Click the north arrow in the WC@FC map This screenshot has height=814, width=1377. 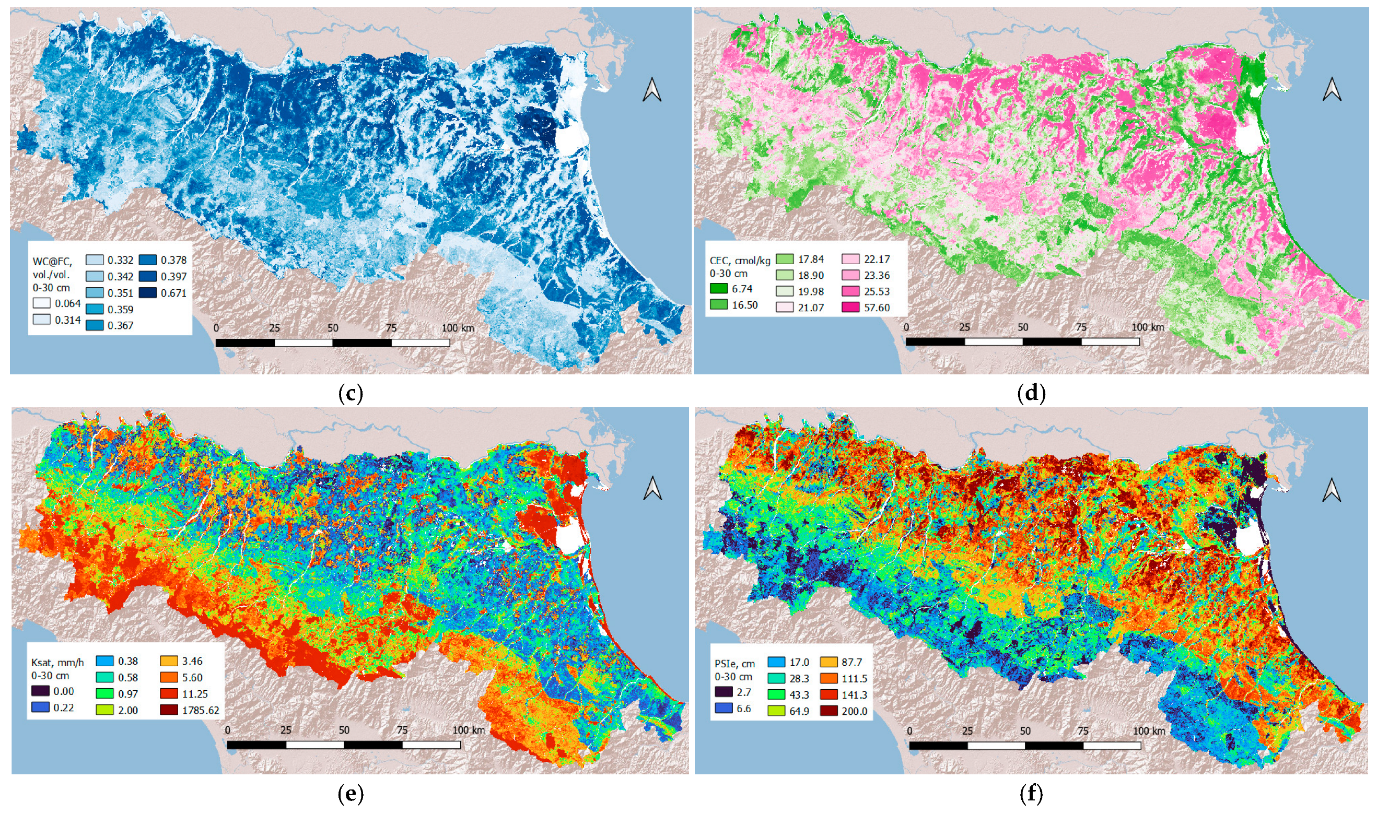pos(652,90)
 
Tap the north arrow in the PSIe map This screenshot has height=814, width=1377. pos(1332,490)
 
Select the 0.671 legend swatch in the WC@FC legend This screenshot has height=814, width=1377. pos(148,293)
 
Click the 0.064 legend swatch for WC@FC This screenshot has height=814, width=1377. pos(42,303)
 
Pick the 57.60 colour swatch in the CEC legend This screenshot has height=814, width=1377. pos(850,307)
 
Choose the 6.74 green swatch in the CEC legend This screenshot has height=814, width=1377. pos(719,289)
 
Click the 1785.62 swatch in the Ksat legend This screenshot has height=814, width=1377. pos(169,710)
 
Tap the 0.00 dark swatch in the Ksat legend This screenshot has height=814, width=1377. pos(41,691)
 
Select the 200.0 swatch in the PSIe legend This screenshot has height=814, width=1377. pos(829,711)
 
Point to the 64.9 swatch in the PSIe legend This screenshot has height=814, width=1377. pos(776,711)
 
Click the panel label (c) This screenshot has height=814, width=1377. pos(351,393)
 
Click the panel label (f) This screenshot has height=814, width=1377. pos(1031,793)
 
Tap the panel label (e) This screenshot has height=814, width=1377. pos(351,793)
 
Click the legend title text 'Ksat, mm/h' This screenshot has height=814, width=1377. pos(57,663)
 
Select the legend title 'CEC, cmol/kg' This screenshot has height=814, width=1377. pos(740,261)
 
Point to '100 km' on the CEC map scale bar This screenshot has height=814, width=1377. pos(1147,327)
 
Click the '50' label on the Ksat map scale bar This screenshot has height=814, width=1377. pos(344,730)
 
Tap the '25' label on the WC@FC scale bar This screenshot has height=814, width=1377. pos(274,328)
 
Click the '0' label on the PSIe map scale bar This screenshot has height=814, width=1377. pos(909,730)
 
